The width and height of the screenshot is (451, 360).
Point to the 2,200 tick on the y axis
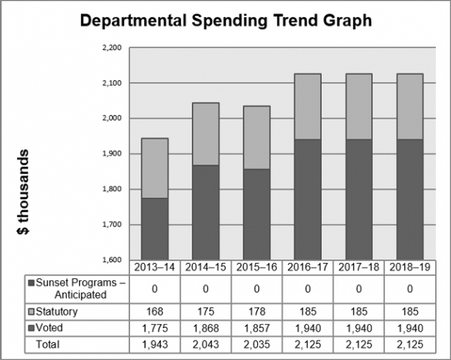(x=110, y=47)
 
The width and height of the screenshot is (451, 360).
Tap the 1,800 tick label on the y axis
(x=110, y=189)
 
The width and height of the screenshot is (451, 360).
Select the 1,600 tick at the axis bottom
(x=110, y=260)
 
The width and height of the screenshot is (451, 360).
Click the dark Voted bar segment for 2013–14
(x=155, y=228)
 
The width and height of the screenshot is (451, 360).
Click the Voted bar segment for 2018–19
(x=410, y=199)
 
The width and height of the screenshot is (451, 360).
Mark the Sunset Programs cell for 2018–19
(x=410, y=289)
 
